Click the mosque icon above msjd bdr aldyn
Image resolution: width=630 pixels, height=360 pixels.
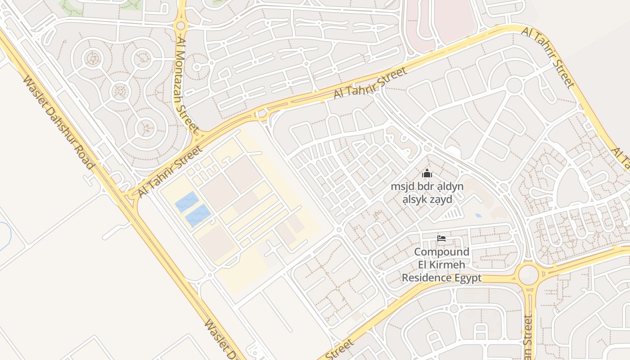[x=427, y=173]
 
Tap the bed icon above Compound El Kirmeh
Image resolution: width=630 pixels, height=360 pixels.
[x=441, y=238]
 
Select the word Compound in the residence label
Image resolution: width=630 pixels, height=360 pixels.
[x=441, y=252]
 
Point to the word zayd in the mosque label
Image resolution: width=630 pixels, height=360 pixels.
[x=441, y=199]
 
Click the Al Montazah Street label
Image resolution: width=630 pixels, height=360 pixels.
[x=187, y=85]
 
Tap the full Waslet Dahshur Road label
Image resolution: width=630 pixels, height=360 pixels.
[x=58, y=122]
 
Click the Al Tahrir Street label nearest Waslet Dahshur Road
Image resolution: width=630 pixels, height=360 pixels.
[x=170, y=171]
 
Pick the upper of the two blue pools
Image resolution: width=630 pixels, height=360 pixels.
[x=187, y=202]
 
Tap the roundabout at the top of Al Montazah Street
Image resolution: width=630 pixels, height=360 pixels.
[x=181, y=26]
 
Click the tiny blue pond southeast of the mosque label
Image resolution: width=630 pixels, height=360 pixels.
[x=478, y=216]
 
